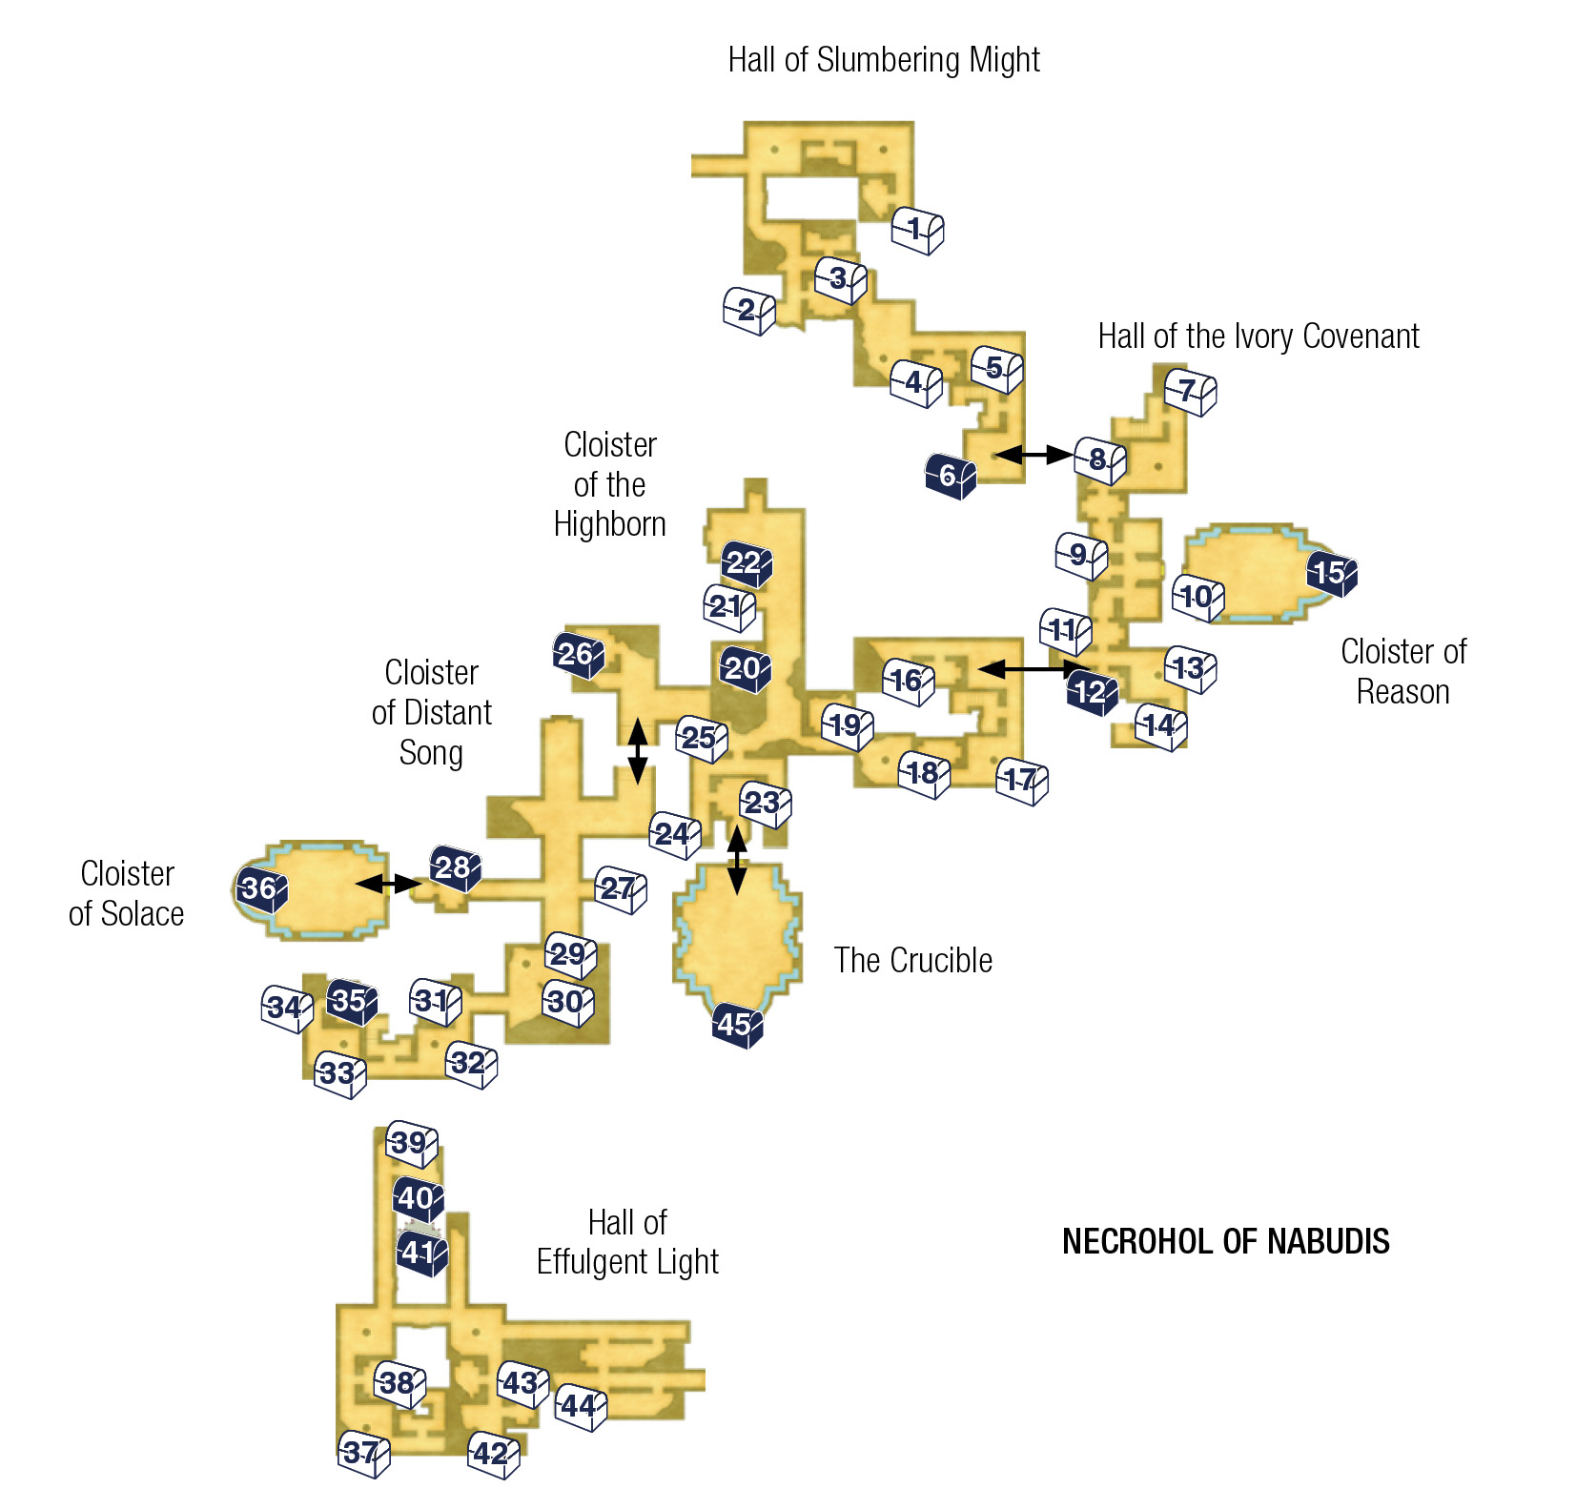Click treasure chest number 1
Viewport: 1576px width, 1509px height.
[917, 231]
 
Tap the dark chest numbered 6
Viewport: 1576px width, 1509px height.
[951, 476]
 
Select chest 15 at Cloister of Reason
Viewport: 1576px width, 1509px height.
[1332, 574]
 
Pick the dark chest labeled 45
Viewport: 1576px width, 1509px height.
[737, 1026]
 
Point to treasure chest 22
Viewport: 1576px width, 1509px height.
[747, 563]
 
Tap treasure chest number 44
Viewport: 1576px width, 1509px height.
[582, 1407]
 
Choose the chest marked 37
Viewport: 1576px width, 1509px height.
[364, 1454]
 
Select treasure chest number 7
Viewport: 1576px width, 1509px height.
[1190, 392]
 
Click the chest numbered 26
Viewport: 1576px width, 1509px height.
[579, 655]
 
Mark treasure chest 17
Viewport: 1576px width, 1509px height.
[1022, 782]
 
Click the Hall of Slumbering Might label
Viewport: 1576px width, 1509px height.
[884, 60]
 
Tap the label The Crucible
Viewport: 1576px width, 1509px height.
[913, 961]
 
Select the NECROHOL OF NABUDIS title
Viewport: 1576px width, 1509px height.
[1226, 1242]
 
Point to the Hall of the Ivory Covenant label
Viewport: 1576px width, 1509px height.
[1259, 336]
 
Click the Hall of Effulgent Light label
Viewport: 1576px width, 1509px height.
[627, 1242]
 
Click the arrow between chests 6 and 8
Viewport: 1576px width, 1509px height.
[1034, 455]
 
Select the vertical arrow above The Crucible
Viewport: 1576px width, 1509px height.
[737, 860]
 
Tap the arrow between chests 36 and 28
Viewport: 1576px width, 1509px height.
[388, 885]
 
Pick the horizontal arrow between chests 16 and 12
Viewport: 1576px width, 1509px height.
[1034, 669]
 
